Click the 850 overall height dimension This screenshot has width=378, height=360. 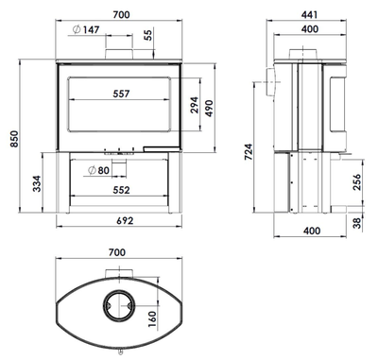(x=14, y=139)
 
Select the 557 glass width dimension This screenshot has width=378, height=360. (x=121, y=94)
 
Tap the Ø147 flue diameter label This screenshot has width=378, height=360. (x=86, y=29)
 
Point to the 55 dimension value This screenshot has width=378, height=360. (x=148, y=34)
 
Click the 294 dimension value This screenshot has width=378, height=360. (x=195, y=105)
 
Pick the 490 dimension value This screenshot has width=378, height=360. (x=210, y=109)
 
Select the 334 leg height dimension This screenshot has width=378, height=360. (x=37, y=183)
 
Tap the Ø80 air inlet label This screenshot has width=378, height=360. (x=99, y=170)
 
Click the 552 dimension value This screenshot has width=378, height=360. (x=121, y=190)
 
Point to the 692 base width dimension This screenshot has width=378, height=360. (x=125, y=220)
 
